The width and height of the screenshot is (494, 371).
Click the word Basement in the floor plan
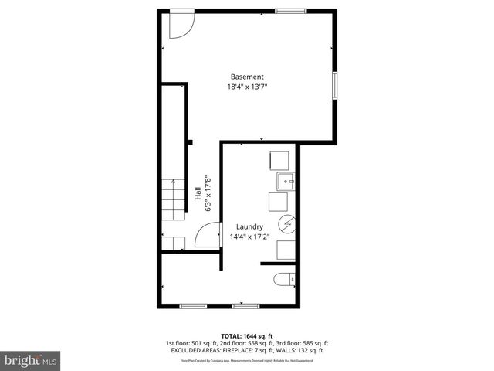click(x=247, y=77)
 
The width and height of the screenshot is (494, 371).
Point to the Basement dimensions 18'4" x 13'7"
click(x=247, y=87)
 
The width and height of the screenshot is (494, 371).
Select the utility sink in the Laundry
click(x=286, y=182)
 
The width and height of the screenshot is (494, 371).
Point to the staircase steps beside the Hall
click(x=174, y=209)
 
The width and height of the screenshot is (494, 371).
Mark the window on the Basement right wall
click(x=335, y=85)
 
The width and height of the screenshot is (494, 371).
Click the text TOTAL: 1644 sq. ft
click(x=246, y=335)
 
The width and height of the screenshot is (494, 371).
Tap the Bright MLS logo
click(x=31, y=359)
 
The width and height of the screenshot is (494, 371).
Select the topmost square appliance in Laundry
click(x=278, y=161)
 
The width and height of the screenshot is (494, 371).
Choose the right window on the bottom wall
click(x=244, y=306)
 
